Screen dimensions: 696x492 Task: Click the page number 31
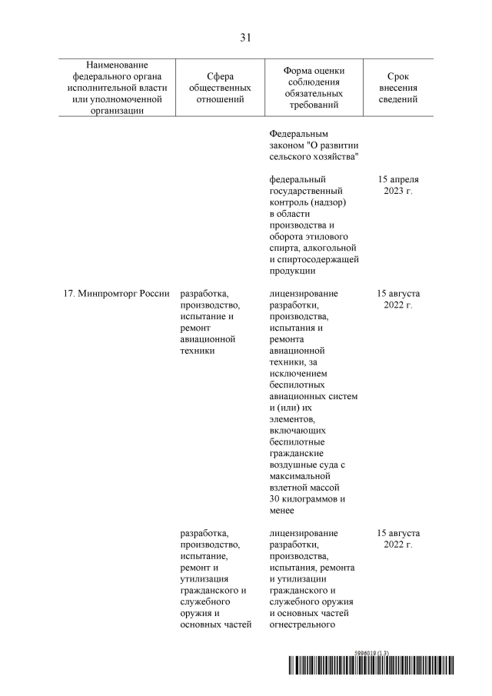click(246, 37)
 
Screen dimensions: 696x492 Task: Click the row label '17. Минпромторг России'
click(116, 294)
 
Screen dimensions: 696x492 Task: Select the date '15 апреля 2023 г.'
click(399, 185)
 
